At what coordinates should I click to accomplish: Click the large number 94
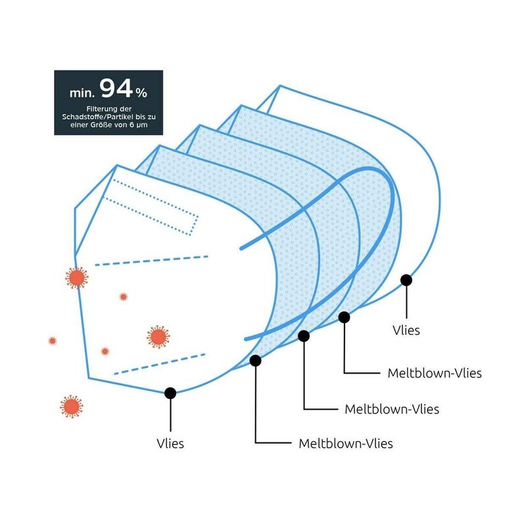coord(116,88)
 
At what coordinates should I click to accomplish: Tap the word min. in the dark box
coord(82,93)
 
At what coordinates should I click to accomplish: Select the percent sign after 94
coord(141,93)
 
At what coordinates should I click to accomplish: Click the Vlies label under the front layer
coord(170,443)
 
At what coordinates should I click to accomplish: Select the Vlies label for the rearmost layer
coord(406,330)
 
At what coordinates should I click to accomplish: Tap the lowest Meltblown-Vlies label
coord(346,443)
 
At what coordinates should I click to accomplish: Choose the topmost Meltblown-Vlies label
coord(435,373)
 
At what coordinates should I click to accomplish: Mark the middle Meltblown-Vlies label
coord(392,409)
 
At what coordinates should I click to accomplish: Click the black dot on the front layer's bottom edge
coord(170,393)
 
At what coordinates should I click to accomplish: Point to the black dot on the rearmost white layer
coord(406,280)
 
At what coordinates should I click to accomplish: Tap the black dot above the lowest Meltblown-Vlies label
coord(255,360)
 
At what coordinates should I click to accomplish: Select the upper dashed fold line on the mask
coord(152,260)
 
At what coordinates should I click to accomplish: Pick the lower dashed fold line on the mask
coord(160,364)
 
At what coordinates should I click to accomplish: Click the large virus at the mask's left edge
coord(77,277)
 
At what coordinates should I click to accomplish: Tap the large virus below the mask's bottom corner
coord(72,406)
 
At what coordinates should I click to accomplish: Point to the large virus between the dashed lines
coord(158,337)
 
